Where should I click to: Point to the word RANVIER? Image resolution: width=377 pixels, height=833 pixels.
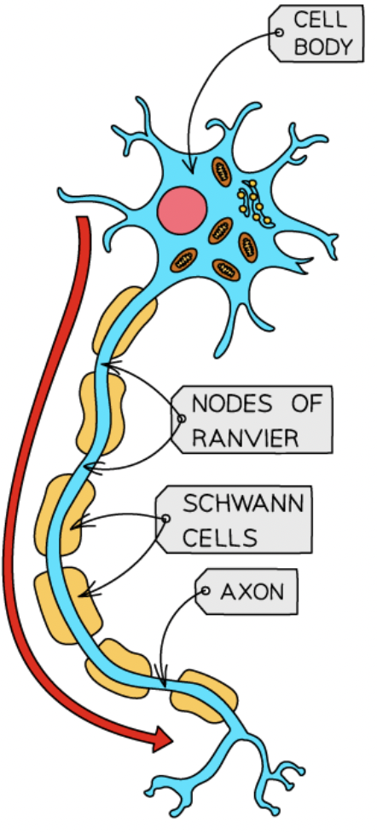click(245, 438)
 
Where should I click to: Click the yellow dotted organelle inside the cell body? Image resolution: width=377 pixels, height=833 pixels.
click(250, 201)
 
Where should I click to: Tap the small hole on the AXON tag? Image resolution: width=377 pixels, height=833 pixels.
click(206, 589)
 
